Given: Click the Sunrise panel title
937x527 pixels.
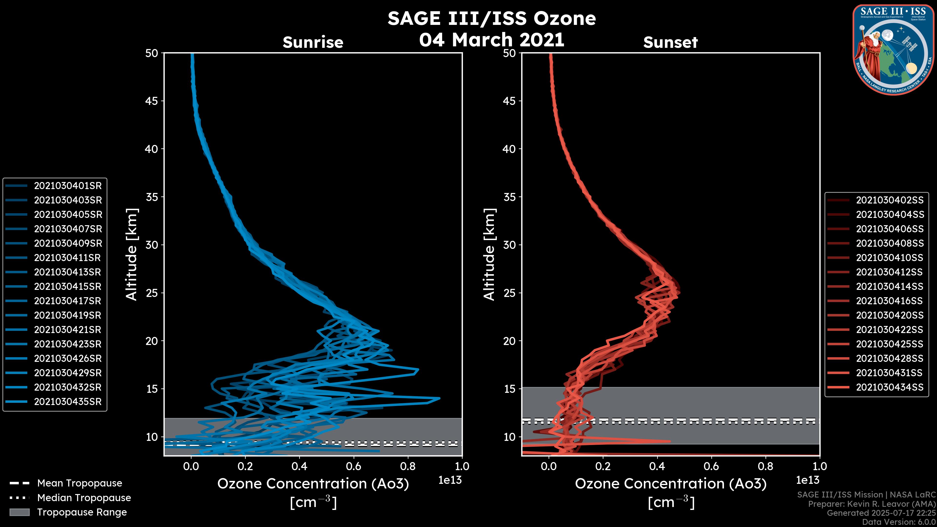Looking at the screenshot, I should pyautogui.click(x=313, y=42).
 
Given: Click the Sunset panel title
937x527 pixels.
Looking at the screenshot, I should pyautogui.click(x=670, y=42).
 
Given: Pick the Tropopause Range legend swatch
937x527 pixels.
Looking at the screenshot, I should pyautogui.click(x=20, y=512).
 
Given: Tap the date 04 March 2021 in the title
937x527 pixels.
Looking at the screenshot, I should pyautogui.click(x=491, y=39).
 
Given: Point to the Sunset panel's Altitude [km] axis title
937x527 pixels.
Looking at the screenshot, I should pyautogui.click(x=489, y=254).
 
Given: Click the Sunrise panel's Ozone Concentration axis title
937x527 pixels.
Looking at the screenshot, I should pyautogui.click(x=313, y=484).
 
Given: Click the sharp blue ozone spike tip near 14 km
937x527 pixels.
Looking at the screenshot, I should pyautogui.click(x=439, y=398).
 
